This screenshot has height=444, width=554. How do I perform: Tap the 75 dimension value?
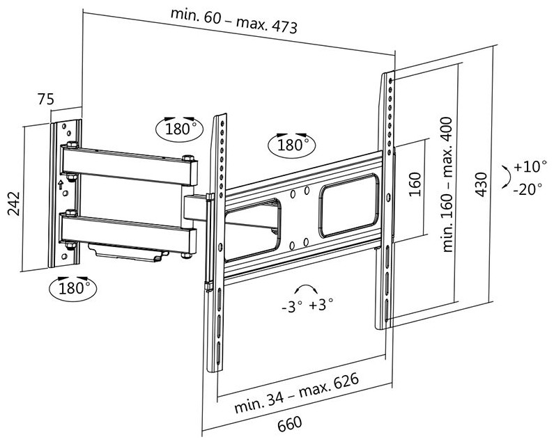click(46, 100)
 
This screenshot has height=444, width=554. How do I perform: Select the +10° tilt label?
click(527, 168)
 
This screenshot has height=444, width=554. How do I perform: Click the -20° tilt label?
click(527, 188)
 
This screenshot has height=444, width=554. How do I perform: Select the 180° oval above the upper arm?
click(180, 129)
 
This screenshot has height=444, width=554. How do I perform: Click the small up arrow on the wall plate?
click(60, 185)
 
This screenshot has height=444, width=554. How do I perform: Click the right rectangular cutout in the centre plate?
click(350, 205)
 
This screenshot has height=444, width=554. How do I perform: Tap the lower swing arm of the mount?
click(129, 233)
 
